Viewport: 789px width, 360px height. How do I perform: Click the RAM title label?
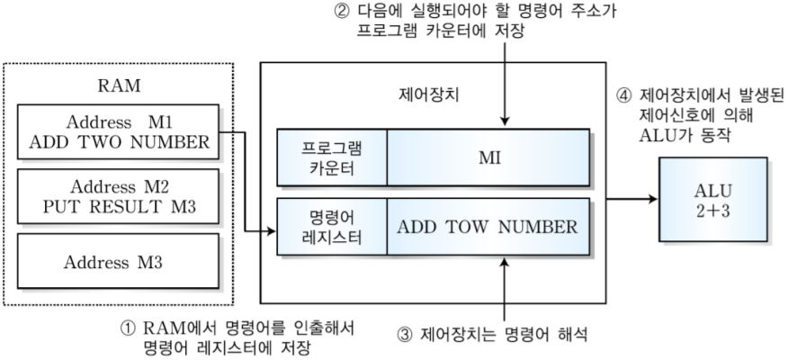118,87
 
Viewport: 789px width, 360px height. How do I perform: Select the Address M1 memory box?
118,131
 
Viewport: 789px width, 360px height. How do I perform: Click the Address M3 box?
118,262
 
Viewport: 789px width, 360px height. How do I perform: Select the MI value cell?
489,157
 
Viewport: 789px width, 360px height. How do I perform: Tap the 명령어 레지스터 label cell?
332,226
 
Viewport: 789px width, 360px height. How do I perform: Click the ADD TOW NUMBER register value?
489,226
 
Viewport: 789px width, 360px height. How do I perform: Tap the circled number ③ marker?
403,335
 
